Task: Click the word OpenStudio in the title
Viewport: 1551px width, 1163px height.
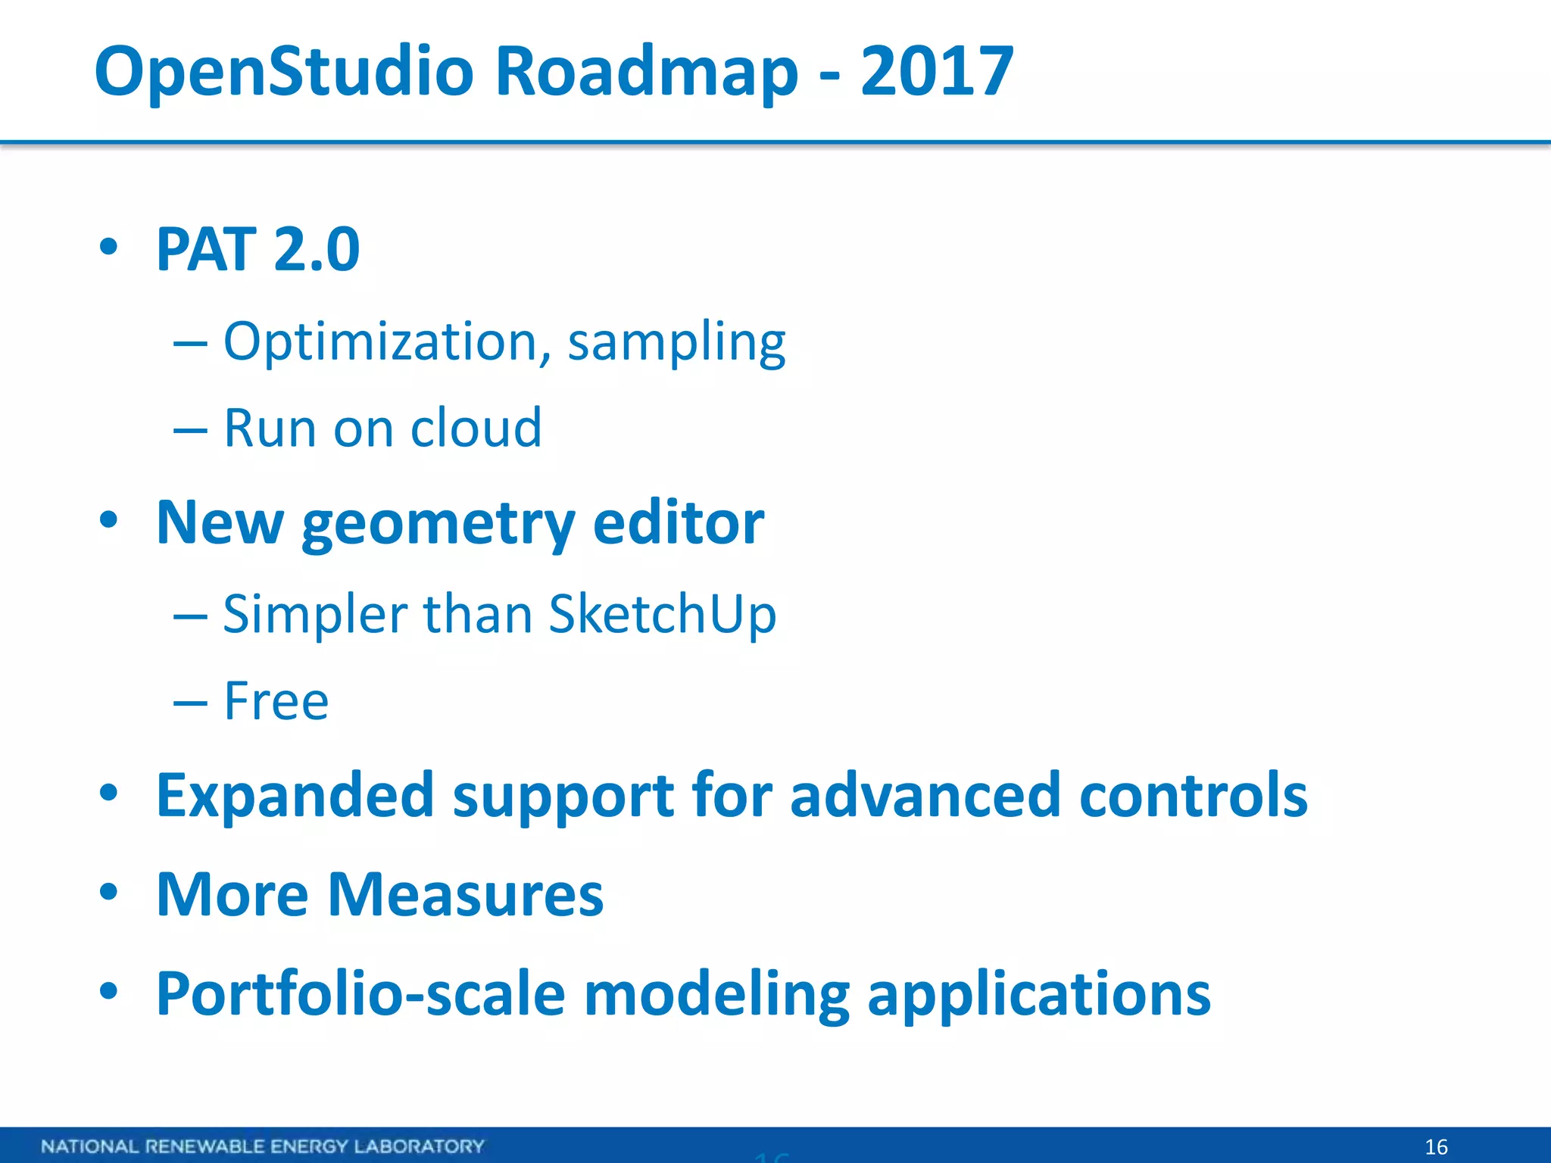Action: coord(284,72)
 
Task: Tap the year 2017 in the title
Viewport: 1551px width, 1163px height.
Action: coord(937,72)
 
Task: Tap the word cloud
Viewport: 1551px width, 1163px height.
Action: coord(476,428)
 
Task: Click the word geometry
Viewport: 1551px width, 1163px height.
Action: coord(438,524)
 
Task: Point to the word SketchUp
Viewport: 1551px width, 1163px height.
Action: coord(662,614)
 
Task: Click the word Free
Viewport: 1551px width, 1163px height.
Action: coord(276,701)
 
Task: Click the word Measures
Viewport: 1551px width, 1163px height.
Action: coord(466,895)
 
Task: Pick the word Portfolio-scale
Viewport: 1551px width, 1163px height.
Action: coord(360,993)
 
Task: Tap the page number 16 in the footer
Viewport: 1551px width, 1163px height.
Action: coord(1436,1146)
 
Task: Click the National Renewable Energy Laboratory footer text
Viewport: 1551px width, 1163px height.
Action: coord(263,1146)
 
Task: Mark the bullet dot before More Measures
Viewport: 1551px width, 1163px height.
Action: coord(109,891)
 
